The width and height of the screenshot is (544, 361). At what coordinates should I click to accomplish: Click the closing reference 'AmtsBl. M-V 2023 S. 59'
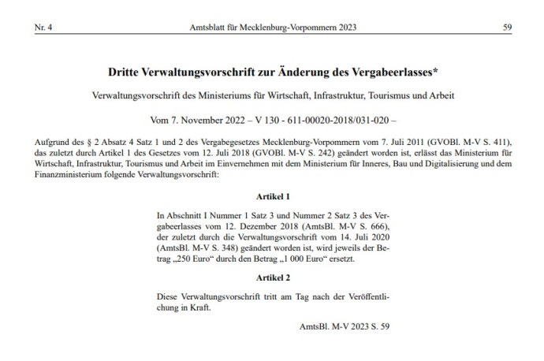pos(345,325)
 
